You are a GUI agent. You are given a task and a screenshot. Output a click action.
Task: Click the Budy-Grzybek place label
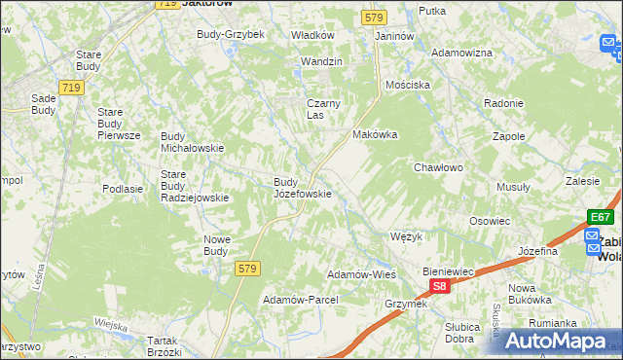point(231,34)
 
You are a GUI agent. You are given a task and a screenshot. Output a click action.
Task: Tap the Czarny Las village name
point(321,108)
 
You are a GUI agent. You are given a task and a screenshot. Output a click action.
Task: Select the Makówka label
point(376,135)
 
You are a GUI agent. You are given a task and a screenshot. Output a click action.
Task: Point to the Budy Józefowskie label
point(302,187)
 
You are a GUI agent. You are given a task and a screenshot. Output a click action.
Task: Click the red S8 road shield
point(440,286)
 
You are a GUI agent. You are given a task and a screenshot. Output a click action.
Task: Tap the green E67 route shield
point(601,217)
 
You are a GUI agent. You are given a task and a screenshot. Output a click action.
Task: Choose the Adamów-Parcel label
point(300,300)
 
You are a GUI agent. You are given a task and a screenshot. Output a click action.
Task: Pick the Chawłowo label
point(438,167)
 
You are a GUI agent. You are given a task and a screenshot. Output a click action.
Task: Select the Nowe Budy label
point(215,244)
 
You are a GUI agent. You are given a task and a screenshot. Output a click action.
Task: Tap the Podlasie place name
point(123,189)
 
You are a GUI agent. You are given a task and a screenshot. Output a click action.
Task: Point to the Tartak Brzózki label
point(163,345)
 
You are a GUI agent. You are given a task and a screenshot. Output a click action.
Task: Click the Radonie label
point(503,103)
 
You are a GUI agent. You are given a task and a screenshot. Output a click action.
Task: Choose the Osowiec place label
point(490,221)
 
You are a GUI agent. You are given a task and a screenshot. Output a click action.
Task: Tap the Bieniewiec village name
point(447,271)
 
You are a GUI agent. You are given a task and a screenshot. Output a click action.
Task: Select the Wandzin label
point(322,61)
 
